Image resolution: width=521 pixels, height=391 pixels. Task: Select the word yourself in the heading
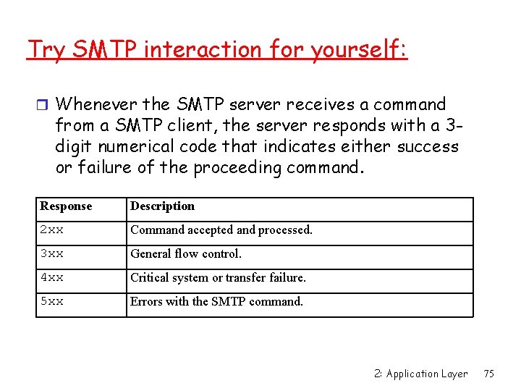tap(359, 50)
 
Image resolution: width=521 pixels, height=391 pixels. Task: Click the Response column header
tap(66, 206)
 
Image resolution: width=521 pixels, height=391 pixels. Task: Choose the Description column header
tap(162, 206)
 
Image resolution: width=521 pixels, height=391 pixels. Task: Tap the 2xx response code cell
tap(51, 230)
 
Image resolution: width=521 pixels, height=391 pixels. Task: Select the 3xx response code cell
tap(51, 254)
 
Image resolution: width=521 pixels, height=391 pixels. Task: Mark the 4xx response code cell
tap(51, 278)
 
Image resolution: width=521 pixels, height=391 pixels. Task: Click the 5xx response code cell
tap(51, 302)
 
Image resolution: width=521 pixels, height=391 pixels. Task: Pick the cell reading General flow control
tap(186, 254)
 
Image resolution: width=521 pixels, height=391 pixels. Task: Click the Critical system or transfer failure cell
tap(218, 278)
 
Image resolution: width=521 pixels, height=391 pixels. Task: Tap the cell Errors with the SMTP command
tap(216, 302)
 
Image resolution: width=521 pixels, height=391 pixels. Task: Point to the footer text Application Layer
tap(426, 374)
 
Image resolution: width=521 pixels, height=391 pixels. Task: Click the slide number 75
tap(488, 374)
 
